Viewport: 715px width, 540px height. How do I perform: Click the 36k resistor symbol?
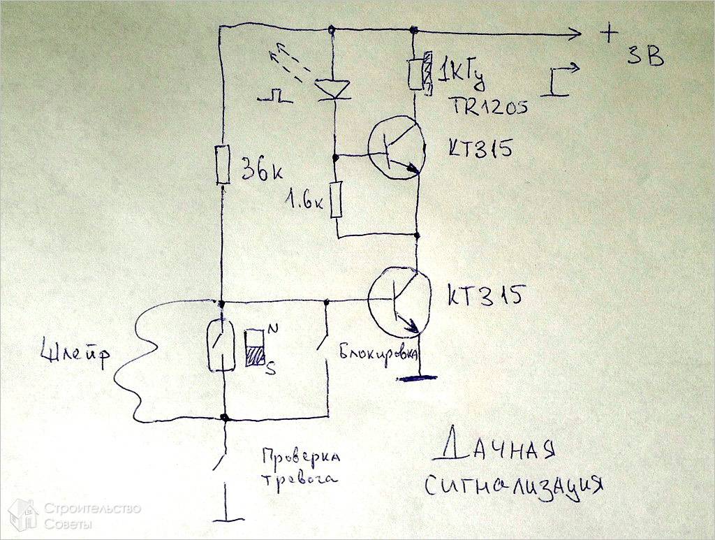[x=223, y=166]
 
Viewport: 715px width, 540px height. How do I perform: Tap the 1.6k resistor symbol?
[x=337, y=198]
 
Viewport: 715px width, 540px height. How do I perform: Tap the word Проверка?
[x=301, y=458]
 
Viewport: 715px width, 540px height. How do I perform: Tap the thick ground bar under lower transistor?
[x=417, y=378]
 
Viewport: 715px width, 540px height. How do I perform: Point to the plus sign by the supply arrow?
[x=609, y=32]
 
